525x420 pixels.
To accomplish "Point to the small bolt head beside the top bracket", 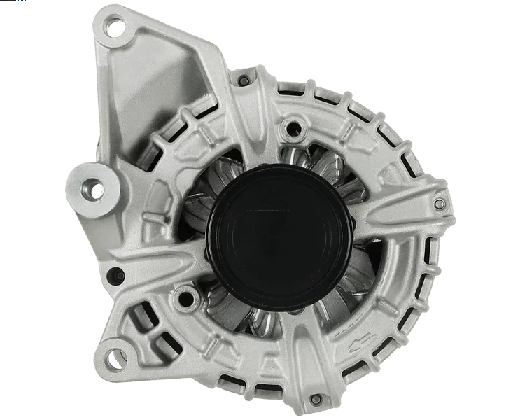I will click(243, 82).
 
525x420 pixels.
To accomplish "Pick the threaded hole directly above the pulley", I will click(295, 128).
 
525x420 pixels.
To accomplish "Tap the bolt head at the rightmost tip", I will click(439, 204).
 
